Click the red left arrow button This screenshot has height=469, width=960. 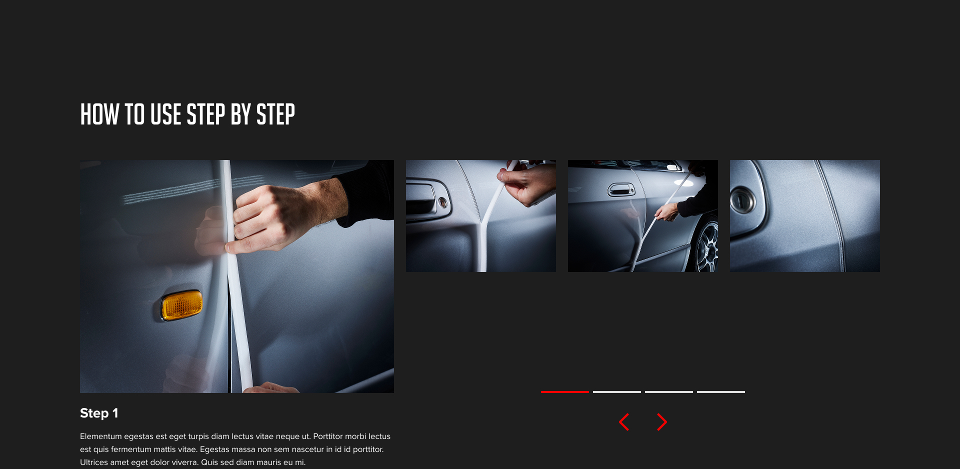[624, 422]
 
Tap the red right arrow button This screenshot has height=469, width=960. [661, 422]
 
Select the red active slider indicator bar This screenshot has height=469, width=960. [564, 391]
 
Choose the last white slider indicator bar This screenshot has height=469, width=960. [720, 391]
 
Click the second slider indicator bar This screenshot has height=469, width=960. [616, 391]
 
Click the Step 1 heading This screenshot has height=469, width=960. [99, 413]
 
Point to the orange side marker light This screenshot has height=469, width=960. [182, 304]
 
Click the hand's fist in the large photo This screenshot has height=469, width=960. [270, 215]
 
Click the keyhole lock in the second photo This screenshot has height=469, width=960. [442, 202]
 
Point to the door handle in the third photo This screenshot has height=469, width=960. [621, 190]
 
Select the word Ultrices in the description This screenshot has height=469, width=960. [93, 462]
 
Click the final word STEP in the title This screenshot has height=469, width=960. [275, 114]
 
